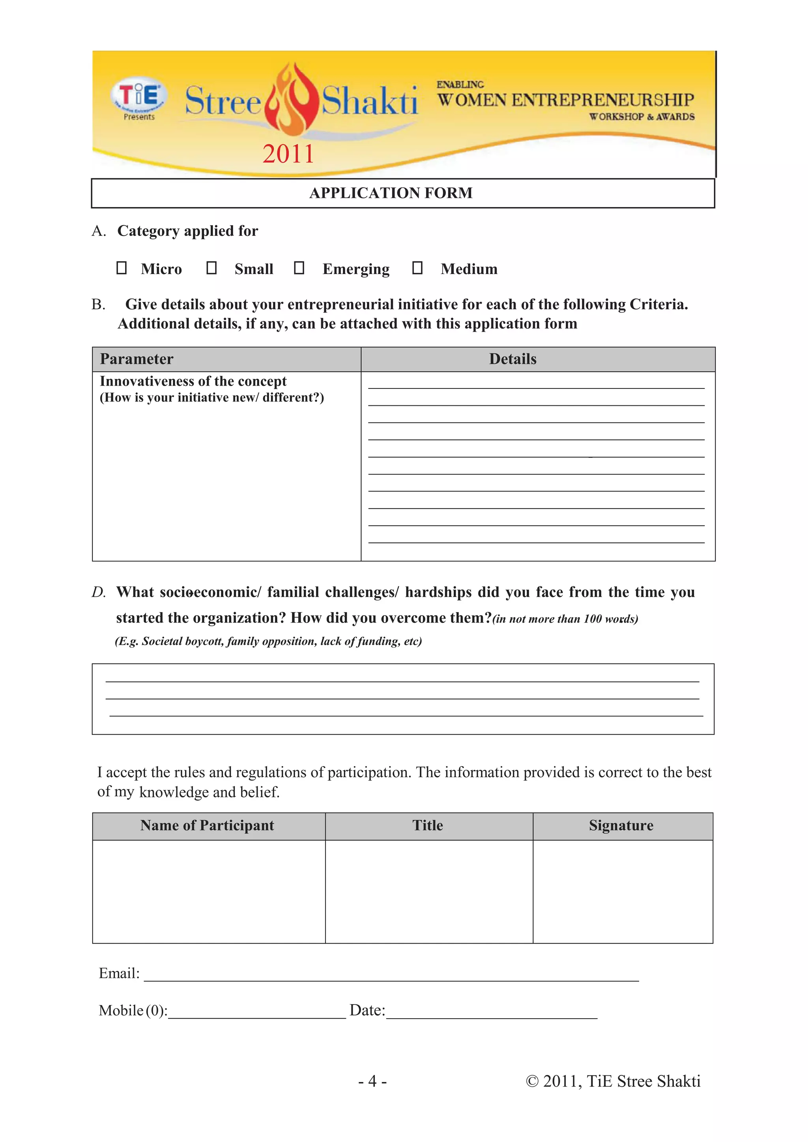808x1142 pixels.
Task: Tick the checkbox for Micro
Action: click(122, 268)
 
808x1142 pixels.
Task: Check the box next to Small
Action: click(211, 268)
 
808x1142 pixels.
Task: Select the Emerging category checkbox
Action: click(299, 268)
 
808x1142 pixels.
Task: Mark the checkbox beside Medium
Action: click(417, 268)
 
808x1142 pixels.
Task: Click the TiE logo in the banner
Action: click(138, 95)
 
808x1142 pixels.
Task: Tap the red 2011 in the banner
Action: click(288, 154)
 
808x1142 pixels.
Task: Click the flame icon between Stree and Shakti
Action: click(292, 99)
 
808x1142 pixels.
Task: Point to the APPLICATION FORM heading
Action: click(391, 193)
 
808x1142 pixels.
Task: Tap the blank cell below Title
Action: click(428, 891)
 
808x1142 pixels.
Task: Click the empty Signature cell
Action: click(623, 891)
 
